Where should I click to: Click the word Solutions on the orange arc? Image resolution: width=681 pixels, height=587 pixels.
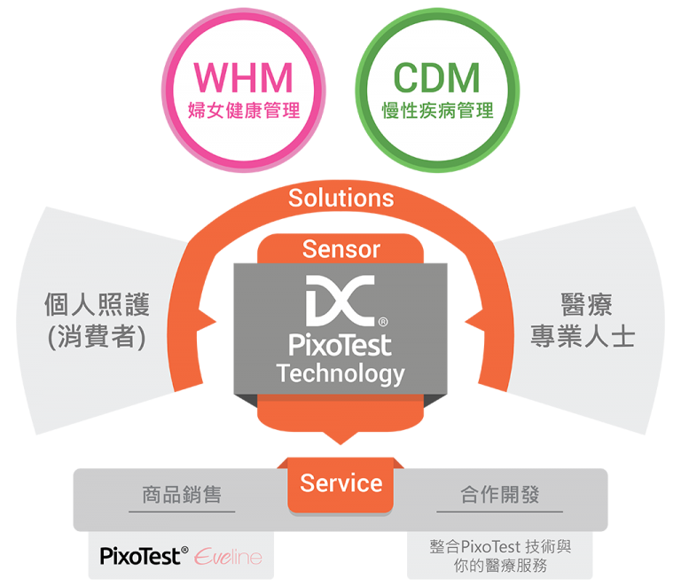(340, 197)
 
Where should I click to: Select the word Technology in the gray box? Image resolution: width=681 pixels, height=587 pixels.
(340, 373)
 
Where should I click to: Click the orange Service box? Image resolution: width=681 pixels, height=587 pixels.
(340, 483)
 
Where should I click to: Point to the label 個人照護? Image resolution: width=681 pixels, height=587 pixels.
(97, 305)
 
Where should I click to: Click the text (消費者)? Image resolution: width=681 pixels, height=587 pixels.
(97, 338)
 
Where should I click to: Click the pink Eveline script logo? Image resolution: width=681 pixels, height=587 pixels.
(229, 556)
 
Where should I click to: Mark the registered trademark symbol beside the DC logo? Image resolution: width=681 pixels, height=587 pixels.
(382, 321)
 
